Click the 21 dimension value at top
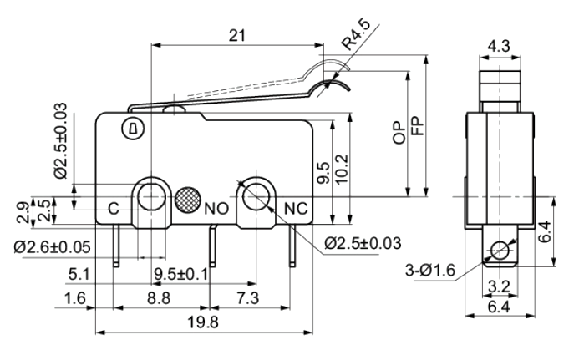coord(237,36)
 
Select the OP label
coord(399,133)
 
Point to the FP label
coord(418,126)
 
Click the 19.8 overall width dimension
coord(203,322)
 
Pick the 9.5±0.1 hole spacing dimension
coord(181,274)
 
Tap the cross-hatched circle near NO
coord(188,200)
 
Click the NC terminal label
coord(296,209)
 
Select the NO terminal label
coord(216,209)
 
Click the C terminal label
coord(114,209)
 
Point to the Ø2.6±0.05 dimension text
coord(53,247)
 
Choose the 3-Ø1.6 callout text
coord(430,271)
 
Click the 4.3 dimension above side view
coord(499,47)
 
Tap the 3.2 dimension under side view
coord(500,286)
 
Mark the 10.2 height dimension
coord(342,170)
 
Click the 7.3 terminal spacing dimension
coord(248,298)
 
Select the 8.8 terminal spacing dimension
coord(159,298)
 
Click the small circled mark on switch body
coord(133,129)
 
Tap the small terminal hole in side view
coord(500,251)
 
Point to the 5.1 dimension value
coord(79,275)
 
